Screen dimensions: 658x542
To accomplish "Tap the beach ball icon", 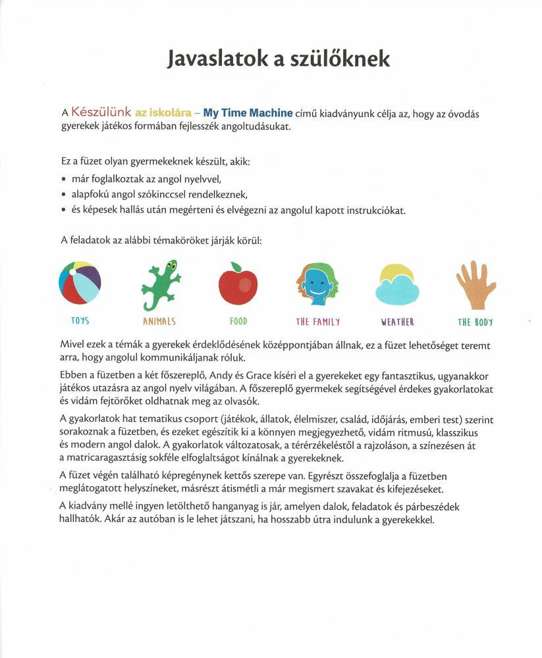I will coord(80,282).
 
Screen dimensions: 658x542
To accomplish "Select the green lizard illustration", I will coord(160,284).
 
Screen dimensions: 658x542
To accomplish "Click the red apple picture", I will coord(238,284).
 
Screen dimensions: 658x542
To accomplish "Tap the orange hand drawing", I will coord(475,285).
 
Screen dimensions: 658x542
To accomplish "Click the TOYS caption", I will coord(80,321).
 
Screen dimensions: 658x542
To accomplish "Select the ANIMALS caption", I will coord(159,322).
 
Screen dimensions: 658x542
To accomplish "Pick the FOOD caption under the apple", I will coord(238,322).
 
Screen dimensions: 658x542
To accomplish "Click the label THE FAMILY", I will coord(318,322).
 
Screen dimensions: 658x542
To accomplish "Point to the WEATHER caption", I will coord(397,322).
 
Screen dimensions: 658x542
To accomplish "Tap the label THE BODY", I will coord(475,322).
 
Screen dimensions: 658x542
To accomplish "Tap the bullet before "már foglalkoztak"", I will coord(63,178).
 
